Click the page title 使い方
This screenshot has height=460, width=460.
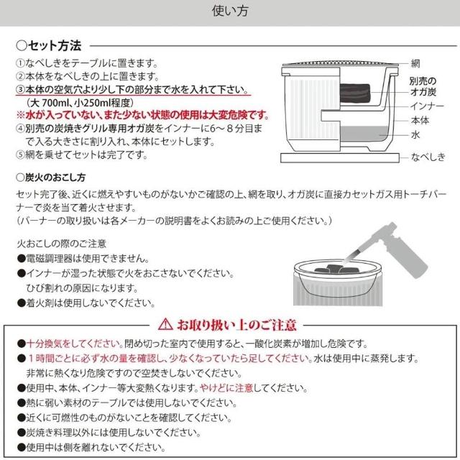click(230, 11)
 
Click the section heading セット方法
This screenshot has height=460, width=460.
click(55, 46)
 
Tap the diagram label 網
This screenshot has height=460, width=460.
click(415, 63)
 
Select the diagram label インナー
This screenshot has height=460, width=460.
click(427, 106)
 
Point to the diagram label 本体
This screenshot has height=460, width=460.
click(420, 121)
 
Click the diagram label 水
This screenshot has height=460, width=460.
click(415, 135)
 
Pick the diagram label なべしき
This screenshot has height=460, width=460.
click(428, 157)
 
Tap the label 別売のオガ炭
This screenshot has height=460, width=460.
click(423, 86)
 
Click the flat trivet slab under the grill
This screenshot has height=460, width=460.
click(340, 158)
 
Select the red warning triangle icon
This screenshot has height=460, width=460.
click(165, 324)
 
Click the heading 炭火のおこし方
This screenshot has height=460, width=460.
click(51, 178)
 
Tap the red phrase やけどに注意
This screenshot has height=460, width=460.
click(226, 388)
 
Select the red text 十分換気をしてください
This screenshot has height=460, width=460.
click(75, 344)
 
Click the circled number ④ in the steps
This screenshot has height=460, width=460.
click(21, 129)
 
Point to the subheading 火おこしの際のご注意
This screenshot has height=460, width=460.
click(61, 244)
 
